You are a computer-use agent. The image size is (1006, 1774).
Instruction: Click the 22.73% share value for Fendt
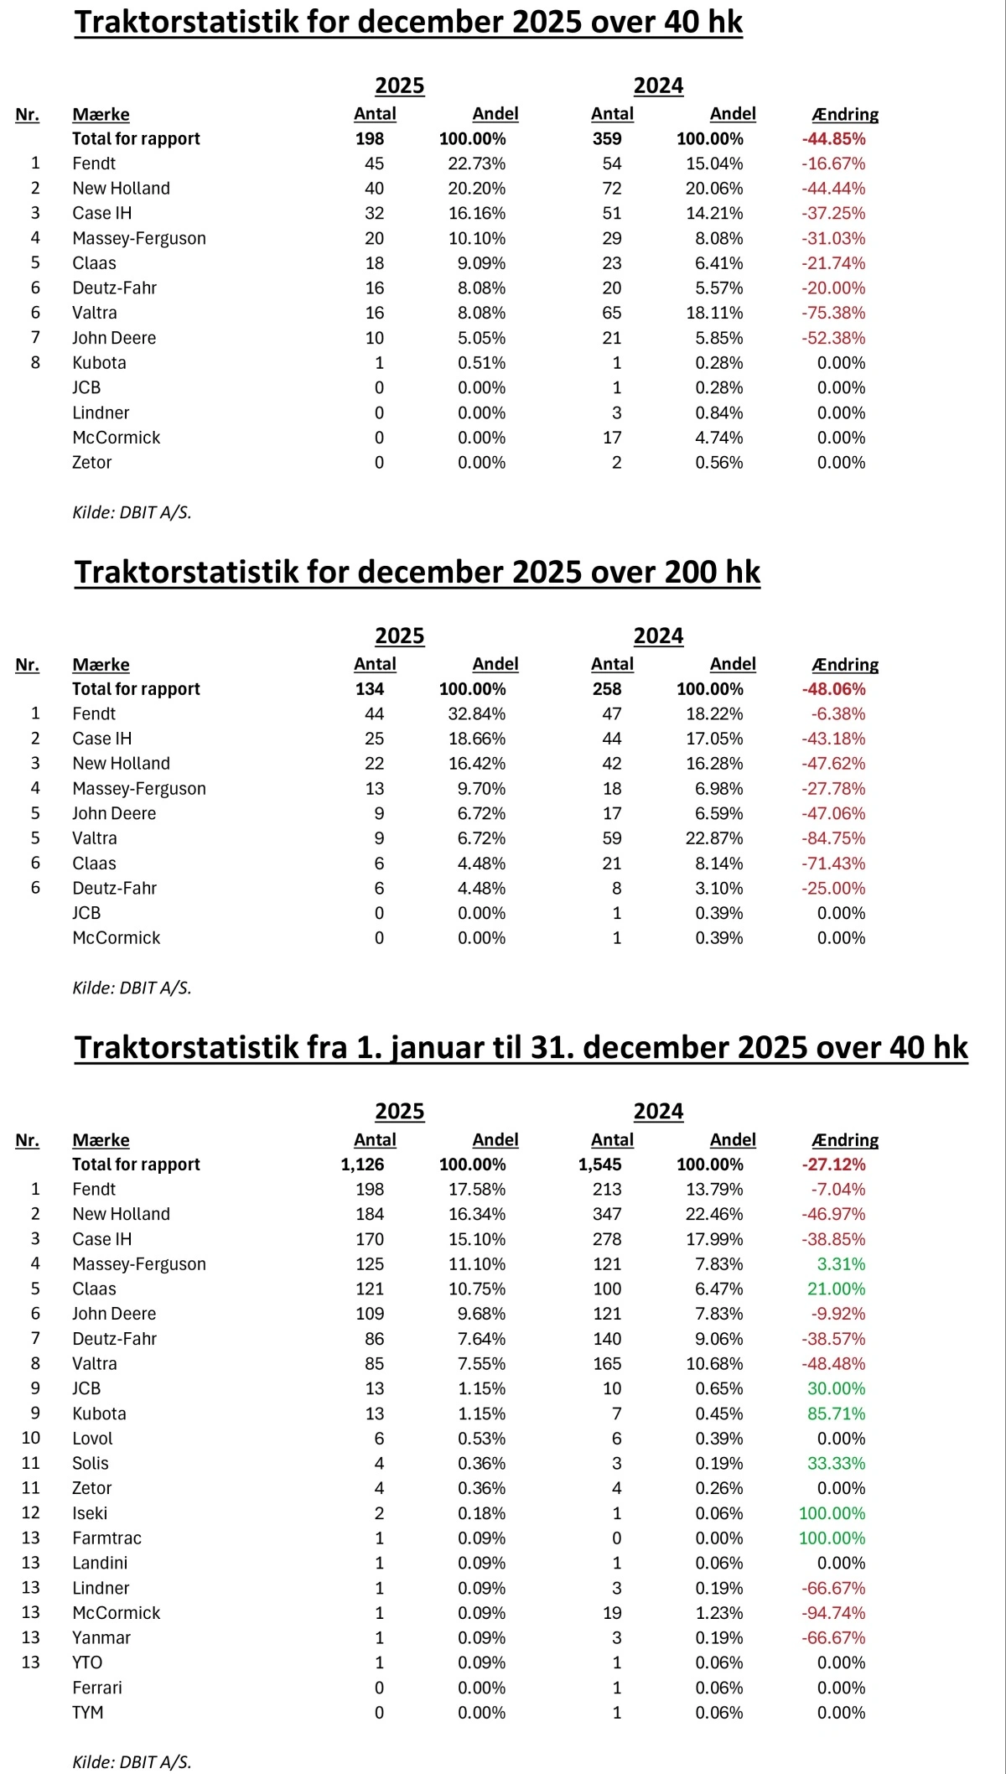click(476, 163)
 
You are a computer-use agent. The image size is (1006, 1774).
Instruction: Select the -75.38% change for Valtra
click(833, 313)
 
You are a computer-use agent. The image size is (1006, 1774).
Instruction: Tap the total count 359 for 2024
click(607, 139)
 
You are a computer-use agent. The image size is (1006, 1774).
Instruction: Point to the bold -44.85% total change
click(833, 139)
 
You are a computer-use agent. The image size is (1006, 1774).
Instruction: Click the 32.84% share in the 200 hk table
click(476, 713)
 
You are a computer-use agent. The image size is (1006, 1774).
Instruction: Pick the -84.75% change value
click(833, 838)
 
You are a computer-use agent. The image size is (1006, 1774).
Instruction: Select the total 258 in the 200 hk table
click(607, 689)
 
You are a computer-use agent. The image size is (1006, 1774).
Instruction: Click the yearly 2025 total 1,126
click(362, 1165)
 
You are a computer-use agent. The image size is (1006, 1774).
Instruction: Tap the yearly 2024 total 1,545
click(599, 1165)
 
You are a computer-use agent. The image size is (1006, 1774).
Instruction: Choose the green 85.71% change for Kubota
click(836, 1413)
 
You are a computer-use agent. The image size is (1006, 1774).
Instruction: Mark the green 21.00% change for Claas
click(836, 1289)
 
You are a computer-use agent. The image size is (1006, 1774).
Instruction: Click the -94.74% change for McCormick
click(833, 1613)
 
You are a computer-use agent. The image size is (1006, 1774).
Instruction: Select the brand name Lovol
click(92, 1439)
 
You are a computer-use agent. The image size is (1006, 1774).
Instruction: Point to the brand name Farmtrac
click(106, 1538)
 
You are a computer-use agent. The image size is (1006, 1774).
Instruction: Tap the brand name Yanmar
click(101, 1638)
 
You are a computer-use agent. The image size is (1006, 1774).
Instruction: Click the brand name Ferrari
click(97, 1688)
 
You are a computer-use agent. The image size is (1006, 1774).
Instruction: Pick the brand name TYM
click(88, 1713)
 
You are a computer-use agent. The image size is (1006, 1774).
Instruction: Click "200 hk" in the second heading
click(712, 572)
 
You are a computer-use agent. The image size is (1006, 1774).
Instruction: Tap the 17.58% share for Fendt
click(476, 1190)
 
